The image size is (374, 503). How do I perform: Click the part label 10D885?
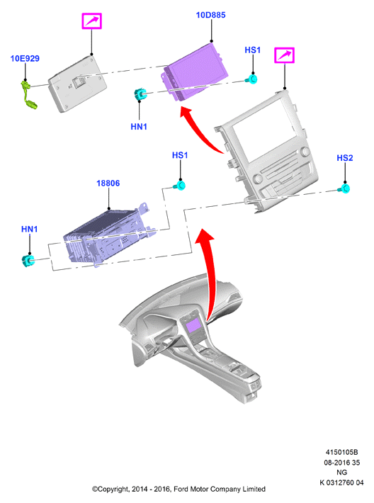click(210, 15)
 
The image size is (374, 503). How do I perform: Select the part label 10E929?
click(25, 58)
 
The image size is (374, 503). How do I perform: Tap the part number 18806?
click(108, 183)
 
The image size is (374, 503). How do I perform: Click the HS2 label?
click(345, 158)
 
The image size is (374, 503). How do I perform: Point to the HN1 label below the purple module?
click(139, 127)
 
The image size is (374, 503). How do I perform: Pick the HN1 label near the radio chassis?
click(30, 229)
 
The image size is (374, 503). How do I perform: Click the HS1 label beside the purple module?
click(253, 50)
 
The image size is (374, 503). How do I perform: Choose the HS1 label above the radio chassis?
click(180, 155)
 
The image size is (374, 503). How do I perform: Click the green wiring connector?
click(28, 95)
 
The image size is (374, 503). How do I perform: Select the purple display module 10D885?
click(195, 72)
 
